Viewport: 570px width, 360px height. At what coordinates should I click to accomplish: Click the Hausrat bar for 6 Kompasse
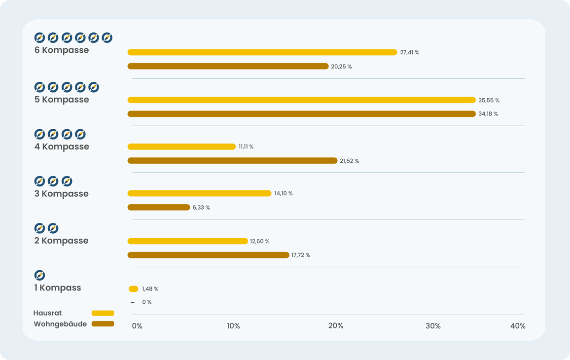(262, 52)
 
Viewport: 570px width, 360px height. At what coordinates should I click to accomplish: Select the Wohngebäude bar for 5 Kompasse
(301, 114)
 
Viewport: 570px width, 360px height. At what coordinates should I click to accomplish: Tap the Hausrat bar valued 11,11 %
(181, 146)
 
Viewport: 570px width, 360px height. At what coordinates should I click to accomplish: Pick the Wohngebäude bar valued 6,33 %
(158, 208)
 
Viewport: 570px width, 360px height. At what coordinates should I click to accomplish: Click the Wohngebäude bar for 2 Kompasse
(208, 255)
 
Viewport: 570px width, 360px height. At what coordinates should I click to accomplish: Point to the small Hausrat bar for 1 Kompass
(133, 289)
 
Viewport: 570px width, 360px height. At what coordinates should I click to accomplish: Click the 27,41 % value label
(409, 52)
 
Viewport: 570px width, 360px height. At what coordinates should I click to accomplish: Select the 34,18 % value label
(488, 114)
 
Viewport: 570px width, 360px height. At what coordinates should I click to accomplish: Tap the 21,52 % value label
(349, 161)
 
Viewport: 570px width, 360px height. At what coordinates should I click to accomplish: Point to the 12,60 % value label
(259, 241)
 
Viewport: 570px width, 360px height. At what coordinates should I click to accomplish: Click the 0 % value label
(146, 302)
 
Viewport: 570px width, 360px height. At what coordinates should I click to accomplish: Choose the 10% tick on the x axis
(233, 326)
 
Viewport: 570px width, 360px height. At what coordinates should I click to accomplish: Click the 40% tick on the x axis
(518, 326)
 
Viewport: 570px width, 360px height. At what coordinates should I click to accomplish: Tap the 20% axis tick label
(335, 326)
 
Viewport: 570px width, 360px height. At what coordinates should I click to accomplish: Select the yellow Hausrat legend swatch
(103, 313)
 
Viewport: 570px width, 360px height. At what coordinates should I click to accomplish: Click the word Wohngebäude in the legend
(60, 324)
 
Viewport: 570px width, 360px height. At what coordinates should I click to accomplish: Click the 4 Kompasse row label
(62, 146)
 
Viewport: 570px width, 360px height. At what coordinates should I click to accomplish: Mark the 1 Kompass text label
(57, 288)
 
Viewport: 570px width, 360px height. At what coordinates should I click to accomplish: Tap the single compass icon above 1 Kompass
(39, 275)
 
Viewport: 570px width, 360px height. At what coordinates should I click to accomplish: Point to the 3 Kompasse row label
(61, 193)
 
